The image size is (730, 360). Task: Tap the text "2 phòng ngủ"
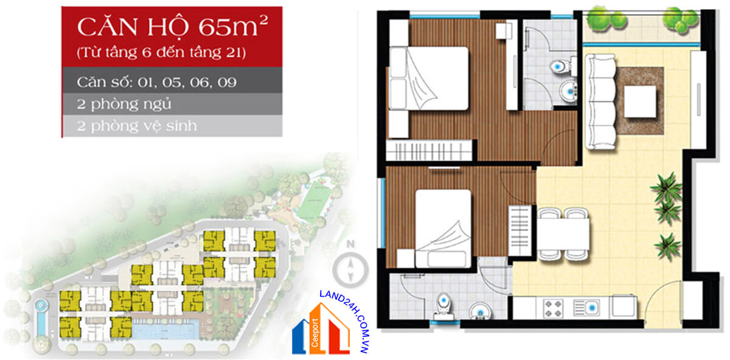tap(124, 104)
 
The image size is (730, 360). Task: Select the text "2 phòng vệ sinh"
tap(137, 126)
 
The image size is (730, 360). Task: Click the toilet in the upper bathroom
tap(563, 66)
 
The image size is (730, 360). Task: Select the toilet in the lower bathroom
tap(443, 307)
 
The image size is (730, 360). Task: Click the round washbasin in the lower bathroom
tap(479, 311)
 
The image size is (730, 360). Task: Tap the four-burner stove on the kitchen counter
tap(554, 308)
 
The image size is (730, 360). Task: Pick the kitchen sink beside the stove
tap(586, 308)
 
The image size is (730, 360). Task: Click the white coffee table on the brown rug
tap(640, 102)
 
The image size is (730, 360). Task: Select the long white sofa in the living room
tap(600, 102)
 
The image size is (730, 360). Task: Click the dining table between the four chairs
tap(563, 234)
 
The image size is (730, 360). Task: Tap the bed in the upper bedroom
tap(429, 78)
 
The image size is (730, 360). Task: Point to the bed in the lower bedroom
tap(443, 229)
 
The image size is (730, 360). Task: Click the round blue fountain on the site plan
tap(41, 306)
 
